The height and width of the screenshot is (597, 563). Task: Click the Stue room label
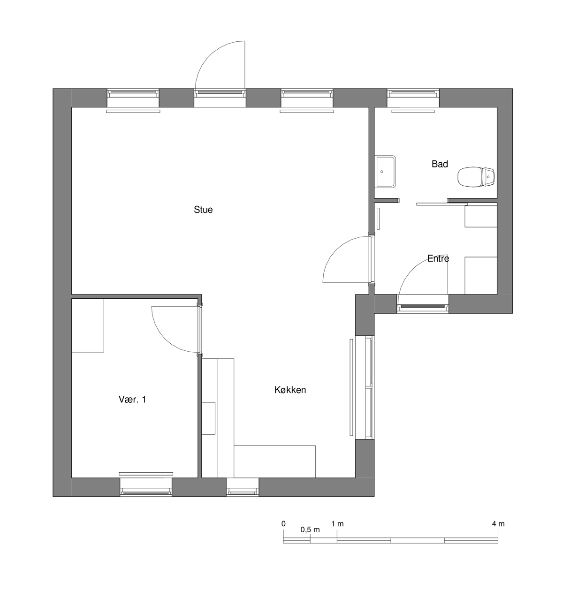coord(203,210)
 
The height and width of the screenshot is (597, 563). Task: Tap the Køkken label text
coord(290,390)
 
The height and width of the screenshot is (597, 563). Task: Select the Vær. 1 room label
coord(132,400)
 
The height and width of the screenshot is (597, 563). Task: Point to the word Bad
coord(440,164)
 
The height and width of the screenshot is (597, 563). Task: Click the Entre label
coord(438,258)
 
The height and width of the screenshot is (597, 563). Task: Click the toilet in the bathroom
coord(476,177)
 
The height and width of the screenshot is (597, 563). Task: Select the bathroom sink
coord(385,172)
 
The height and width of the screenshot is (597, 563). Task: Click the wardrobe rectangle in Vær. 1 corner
coord(88,325)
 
